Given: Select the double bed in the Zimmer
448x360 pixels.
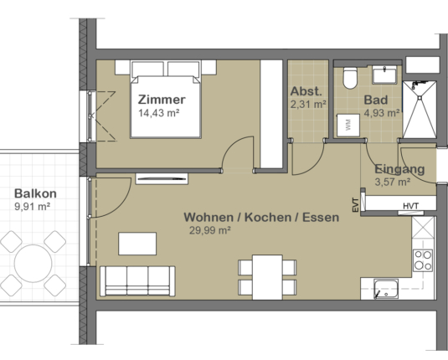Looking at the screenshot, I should [x=165, y=100].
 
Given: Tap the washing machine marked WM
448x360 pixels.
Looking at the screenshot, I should [x=348, y=125].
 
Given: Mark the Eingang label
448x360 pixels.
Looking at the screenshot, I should [x=399, y=169].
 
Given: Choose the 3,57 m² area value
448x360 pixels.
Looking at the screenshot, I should [x=392, y=182].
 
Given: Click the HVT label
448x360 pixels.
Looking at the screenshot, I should [x=410, y=206].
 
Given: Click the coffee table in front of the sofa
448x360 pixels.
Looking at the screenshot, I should [x=137, y=244].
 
